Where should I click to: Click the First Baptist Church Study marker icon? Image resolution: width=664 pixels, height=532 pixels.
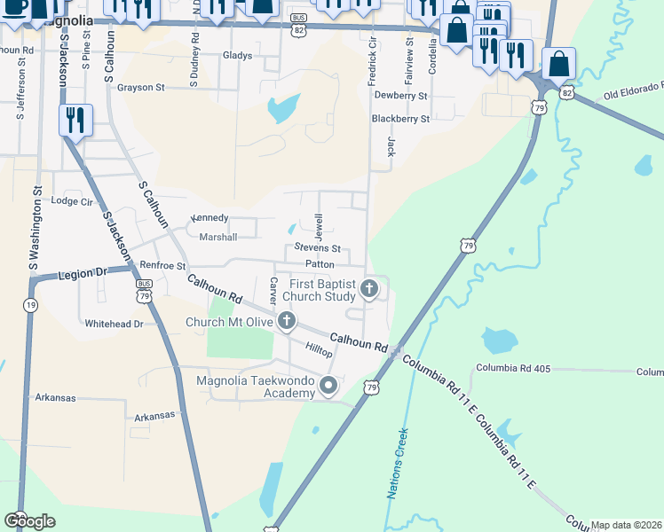click(370, 288)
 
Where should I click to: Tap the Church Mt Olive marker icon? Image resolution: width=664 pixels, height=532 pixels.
click(286, 321)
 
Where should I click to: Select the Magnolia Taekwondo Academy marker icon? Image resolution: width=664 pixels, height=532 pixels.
click(328, 385)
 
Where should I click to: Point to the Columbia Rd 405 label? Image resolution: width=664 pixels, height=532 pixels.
click(513, 368)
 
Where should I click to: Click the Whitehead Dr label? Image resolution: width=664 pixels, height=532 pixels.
click(114, 325)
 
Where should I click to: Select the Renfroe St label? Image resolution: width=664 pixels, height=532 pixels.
click(162, 265)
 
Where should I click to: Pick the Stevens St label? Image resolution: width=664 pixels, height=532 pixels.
click(318, 248)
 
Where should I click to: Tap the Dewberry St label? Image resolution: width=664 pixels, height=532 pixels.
click(400, 95)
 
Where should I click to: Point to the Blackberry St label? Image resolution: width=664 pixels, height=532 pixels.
click(400, 118)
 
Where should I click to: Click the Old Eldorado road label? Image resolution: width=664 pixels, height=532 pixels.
click(633, 90)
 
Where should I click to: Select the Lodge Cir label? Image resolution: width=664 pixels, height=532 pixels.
click(73, 201)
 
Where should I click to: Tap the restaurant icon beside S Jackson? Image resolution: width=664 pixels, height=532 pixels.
click(75, 120)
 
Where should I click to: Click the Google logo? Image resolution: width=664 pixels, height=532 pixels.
click(29, 521)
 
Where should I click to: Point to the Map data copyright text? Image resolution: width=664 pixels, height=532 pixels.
click(626, 525)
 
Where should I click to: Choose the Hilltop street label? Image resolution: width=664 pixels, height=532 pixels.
click(319, 352)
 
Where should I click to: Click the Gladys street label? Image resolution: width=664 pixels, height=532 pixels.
click(238, 55)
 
